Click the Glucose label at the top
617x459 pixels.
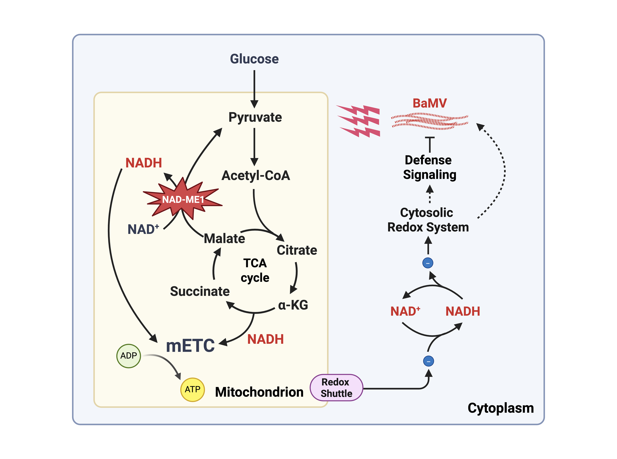[254, 59]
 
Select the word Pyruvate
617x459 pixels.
[255, 117]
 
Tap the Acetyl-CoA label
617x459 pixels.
[256, 176]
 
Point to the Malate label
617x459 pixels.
[224, 239]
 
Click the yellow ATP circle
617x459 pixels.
[192, 390]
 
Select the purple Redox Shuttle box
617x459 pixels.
[336, 388]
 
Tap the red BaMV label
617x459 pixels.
[430, 103]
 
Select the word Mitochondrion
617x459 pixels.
[259, 392]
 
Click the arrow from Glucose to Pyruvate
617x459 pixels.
[254, 89]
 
